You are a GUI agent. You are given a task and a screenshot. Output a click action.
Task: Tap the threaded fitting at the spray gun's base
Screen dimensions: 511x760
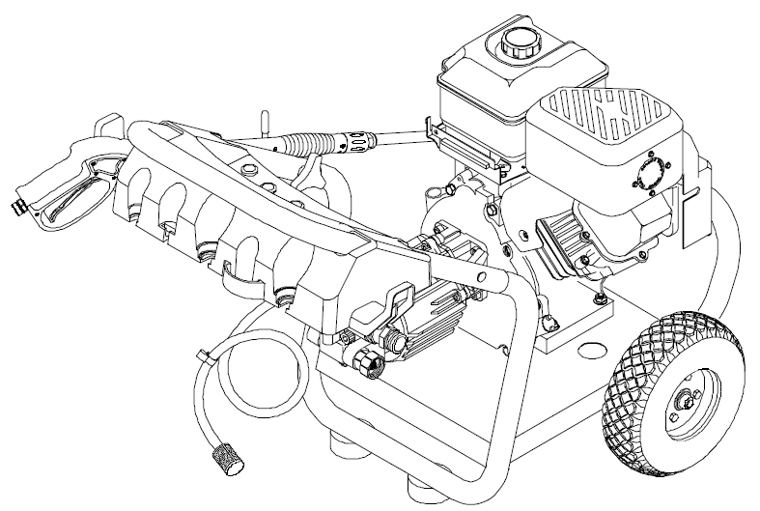coord(20,205)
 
